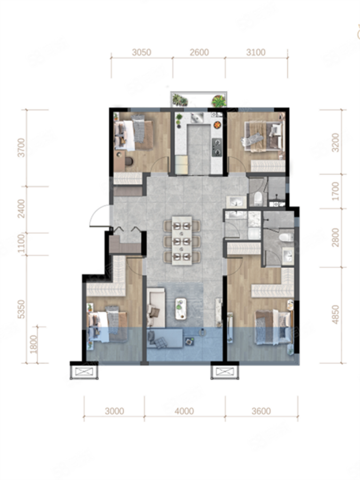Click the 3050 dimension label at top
tap(141, 52)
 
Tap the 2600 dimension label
tap(199, 52)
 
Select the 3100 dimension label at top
tap(256, 52)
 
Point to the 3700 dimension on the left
tap(21, 148)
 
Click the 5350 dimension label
tap(21, 309)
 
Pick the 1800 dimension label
tap(34, 345)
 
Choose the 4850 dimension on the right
tap(335, 315)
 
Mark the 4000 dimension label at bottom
tap(184, 411)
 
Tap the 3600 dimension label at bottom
tap(261, 411)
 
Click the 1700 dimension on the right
tap(335, 191)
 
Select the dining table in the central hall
tap(182, 241)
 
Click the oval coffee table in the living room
tap(181, 309)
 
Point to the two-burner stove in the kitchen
tap(217, 147)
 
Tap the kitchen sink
tap(197, 117)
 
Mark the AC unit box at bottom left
tap(84, 372)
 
